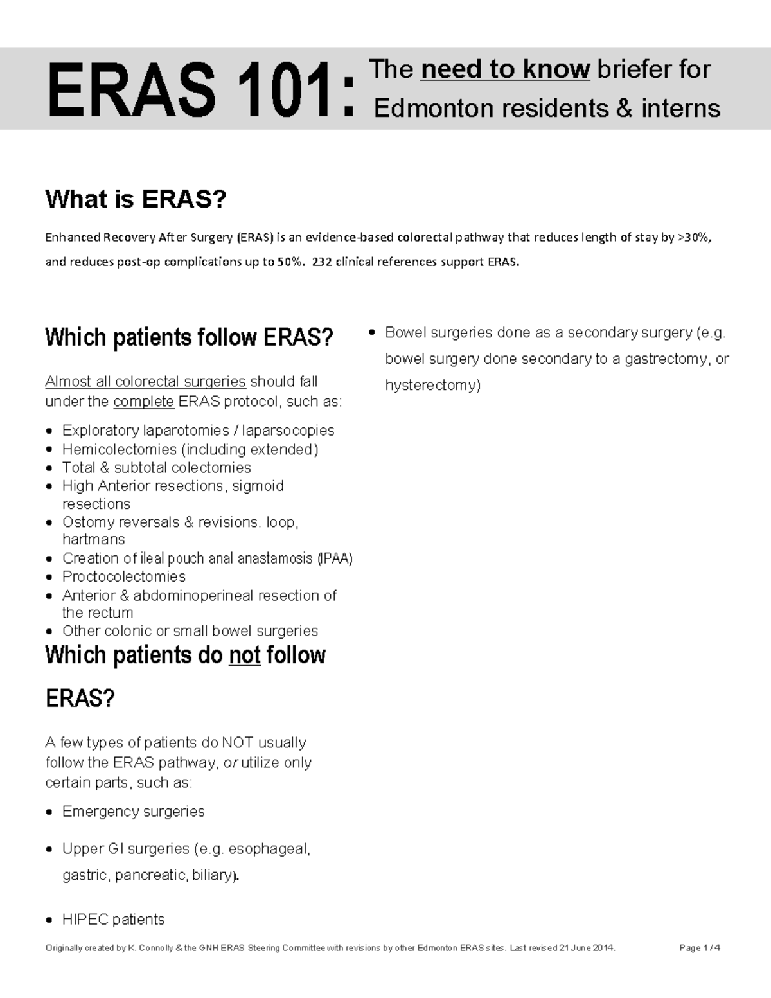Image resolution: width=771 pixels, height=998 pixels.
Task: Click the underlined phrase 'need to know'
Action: point(505,69)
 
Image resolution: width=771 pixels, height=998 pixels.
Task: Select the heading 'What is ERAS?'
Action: point(136,200)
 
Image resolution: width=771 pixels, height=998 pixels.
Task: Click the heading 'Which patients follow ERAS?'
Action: point(190,337)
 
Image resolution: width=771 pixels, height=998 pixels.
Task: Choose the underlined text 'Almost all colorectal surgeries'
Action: point(145,382)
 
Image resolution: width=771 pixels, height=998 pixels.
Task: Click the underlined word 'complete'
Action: point(143,402)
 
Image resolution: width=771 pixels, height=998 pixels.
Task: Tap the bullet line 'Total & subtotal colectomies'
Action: point(156,467)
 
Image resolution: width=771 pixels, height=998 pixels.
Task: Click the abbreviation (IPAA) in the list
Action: point(335,558)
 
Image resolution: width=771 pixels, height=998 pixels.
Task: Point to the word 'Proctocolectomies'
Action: point(124,576)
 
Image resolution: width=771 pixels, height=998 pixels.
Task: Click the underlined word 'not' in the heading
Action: point(244,655)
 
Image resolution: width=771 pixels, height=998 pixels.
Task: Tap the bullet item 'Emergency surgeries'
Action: point(133,812)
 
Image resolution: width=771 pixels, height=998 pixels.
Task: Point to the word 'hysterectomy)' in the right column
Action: point(432,385)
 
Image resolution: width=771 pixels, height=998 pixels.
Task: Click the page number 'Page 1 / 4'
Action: point(700,948)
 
